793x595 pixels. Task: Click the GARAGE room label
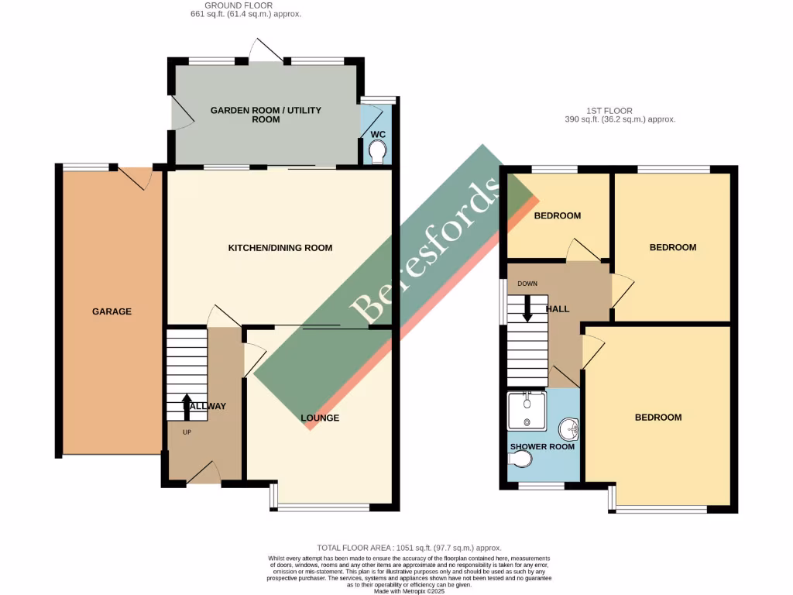click(112, 311)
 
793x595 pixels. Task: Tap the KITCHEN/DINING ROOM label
click(280, 248)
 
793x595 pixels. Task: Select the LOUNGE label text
click(320, 418)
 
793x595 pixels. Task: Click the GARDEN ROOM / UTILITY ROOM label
click(266, 115)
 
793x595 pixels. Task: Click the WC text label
click(378, 134)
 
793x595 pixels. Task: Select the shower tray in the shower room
click(527, 411)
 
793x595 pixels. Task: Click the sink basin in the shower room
click(570, 427)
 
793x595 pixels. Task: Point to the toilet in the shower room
click(520, 460)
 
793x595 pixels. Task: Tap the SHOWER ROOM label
click(542, 447)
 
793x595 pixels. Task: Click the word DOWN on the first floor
click(527, 284)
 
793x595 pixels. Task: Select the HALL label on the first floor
click(558, 308)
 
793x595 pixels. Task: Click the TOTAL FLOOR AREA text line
click(409, 548)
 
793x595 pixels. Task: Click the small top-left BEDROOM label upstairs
click(558, 215)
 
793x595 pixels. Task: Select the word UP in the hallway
click(187, 432)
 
